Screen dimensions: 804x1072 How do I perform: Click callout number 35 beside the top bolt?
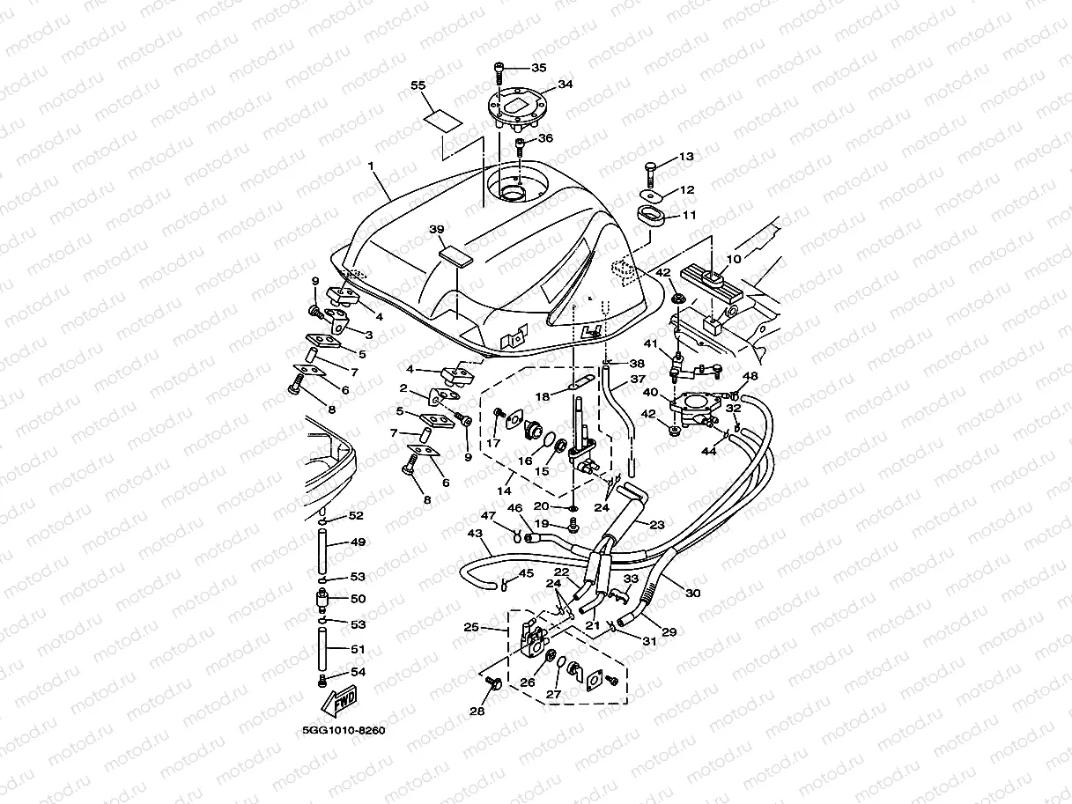[x=539, y=67]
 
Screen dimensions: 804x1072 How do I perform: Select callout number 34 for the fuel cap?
[x=565, y=85]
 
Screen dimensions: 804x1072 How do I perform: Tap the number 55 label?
[x=418, y=85]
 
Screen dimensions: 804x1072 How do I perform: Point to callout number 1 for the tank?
[x=371, y=166]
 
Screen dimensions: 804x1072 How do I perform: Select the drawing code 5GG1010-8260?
[x=343, y=730]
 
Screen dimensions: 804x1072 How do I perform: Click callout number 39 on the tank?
[x=436, y=229]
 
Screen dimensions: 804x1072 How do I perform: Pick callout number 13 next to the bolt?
[x=686, y=157]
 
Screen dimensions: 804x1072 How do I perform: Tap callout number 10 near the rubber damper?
[x=733, y=259]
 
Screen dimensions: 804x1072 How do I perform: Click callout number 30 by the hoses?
[x=693, y=593]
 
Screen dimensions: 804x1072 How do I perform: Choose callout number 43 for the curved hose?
[x=475, y=535]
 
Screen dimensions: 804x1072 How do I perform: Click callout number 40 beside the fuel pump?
[x=650, y=392]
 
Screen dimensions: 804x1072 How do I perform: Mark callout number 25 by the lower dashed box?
[x=471, y=628]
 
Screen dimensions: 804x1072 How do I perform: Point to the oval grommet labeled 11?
[x=651, y=214]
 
